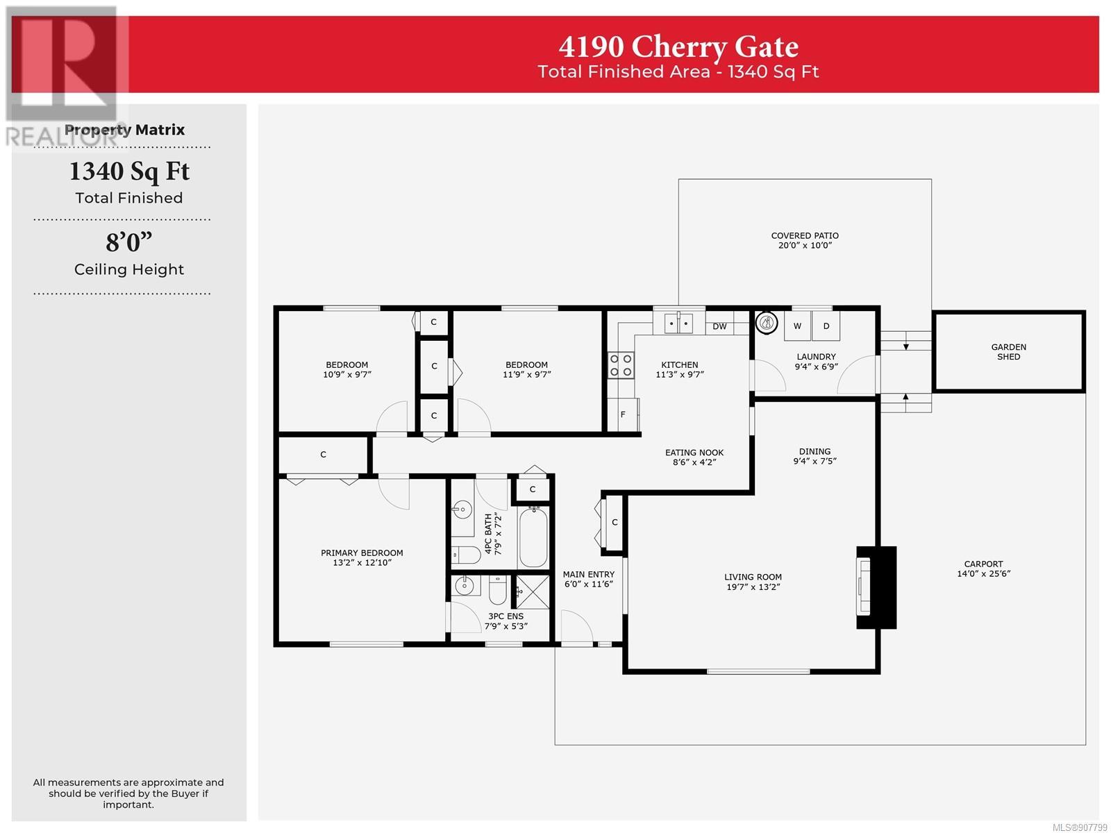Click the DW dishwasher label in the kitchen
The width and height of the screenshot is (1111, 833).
click(x=719, y=326)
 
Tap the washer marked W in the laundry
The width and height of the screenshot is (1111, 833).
click(x=797, y=326)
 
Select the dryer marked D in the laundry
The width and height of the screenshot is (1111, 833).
click(x=826, y=326)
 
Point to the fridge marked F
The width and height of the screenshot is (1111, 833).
click(x=623, y=414)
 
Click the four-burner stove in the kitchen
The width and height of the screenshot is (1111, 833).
click(x=621, y=365)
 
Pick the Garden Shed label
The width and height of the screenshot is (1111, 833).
click(x=1008, y=351)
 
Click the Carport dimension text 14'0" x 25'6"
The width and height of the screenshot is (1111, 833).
click(x=983, y=573)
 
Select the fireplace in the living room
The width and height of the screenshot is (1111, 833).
click(x=876, y=587)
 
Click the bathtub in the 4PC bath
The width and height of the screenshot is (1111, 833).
click(x=533, y=537)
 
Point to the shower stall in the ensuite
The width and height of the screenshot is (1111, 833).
click(x=533, y=591)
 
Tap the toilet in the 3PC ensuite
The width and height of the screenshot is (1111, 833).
click(x=498, y=590)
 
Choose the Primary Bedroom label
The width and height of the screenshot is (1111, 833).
click(x=362, y=553)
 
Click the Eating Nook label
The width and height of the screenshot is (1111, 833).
click(x=694, y=452)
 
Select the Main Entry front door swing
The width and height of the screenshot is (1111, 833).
click(x=577, y=627)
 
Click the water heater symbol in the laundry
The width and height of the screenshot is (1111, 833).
click(x=767, y=321)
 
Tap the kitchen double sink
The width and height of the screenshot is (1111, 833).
click(x=678, y=323)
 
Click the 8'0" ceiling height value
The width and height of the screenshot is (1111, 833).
click(x=129, y=242)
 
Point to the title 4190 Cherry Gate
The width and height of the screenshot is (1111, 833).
click(x=678, y=47)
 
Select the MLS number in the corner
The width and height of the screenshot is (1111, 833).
click(x=1080, y=827)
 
